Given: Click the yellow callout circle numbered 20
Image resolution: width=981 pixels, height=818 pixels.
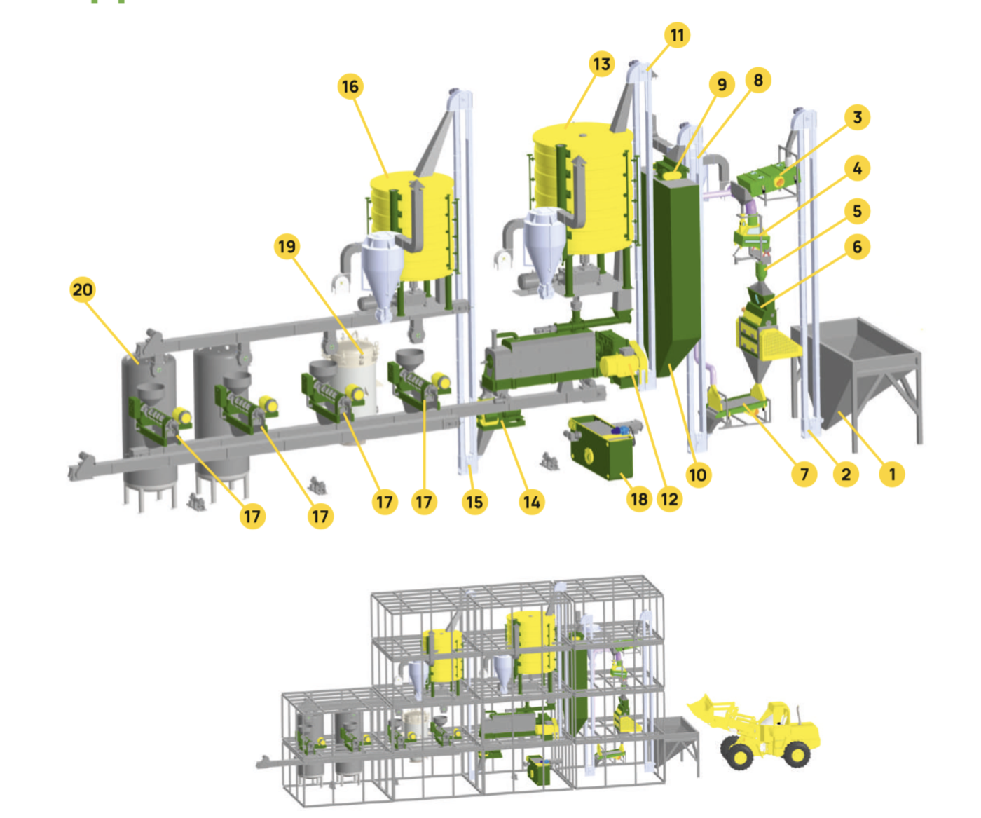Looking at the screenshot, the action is [x=83, y=289].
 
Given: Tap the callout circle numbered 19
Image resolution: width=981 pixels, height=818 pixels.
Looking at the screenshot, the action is [x=287, y=246].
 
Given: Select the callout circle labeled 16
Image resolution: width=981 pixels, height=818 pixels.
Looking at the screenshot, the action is [x=350, y=86].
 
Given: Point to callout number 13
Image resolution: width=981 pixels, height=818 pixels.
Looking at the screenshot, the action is [x=602, y=64].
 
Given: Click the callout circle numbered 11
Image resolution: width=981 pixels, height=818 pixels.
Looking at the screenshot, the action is [x=677, y=35].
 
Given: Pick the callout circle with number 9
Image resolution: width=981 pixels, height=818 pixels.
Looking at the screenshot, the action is [x=722, y=85].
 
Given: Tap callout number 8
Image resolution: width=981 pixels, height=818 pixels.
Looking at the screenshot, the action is [x=758, y=80].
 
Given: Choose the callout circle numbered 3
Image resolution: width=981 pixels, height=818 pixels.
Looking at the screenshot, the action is [x=857, y=117].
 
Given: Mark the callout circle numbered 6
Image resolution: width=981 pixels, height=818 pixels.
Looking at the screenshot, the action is [x=857, y=247].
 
